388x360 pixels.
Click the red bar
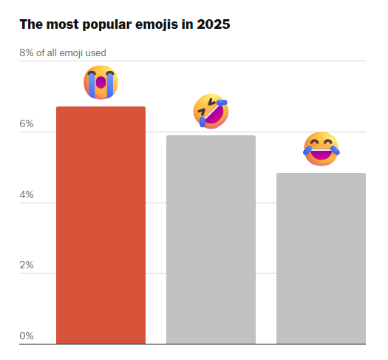coord(101,225)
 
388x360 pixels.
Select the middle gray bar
coord(211,240)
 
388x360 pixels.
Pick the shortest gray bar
coord(321,258)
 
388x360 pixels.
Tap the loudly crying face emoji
coord(101,82)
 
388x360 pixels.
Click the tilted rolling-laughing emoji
coord(211,111)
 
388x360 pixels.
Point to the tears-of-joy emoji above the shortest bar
coord(321,149)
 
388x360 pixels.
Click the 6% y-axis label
coord(27,123)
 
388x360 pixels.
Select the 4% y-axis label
coord(27,194)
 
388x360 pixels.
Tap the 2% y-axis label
coord(27,265)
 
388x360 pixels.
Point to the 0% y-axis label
coord(27,336)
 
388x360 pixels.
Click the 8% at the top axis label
coord(27,52)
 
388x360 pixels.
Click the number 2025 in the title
coord(214,24)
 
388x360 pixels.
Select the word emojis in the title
coord(157,24)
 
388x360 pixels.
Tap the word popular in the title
coord(107,25)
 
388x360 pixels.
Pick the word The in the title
coord(31,24)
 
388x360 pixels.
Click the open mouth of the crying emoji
coord(101,82)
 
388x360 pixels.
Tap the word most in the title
coord(62,24)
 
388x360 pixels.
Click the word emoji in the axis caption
coord(70,53)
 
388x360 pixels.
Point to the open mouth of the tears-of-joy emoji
coord(321,154)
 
